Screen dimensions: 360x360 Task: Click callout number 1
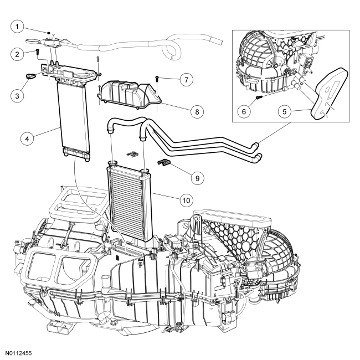18,26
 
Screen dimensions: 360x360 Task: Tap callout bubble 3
18,95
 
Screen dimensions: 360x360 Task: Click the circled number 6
241,110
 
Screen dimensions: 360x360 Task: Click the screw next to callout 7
158,79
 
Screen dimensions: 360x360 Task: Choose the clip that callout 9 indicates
163,162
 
